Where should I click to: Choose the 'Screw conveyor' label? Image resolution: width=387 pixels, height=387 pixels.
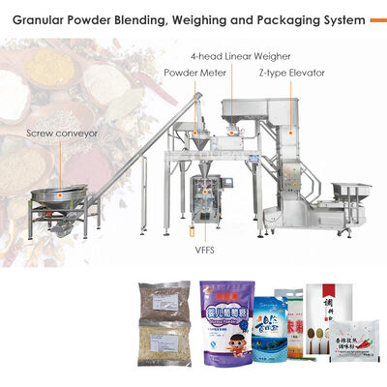pos(61,134)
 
